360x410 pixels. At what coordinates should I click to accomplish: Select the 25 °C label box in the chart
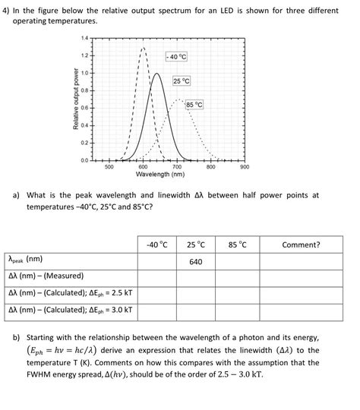[182, 80]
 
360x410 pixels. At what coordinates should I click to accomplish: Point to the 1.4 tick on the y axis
[84, 38]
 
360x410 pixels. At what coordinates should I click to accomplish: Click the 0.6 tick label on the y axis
[84, 108]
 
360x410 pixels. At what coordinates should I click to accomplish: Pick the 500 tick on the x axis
[109, 166]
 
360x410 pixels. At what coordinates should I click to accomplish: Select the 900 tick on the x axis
[245, 166]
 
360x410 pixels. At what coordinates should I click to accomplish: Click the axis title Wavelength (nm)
[176, 175]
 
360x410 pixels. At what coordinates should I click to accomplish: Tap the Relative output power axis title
[74, 99]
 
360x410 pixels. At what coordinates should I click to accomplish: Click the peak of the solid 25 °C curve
[156, 74]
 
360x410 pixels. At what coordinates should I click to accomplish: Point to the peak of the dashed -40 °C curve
[144, 48]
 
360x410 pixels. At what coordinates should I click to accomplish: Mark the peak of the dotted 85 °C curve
[179, 99]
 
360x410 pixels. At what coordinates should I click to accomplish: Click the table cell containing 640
[195, 262]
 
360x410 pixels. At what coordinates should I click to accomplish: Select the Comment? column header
[301, 244]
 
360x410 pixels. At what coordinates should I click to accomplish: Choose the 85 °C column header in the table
[237, 244]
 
